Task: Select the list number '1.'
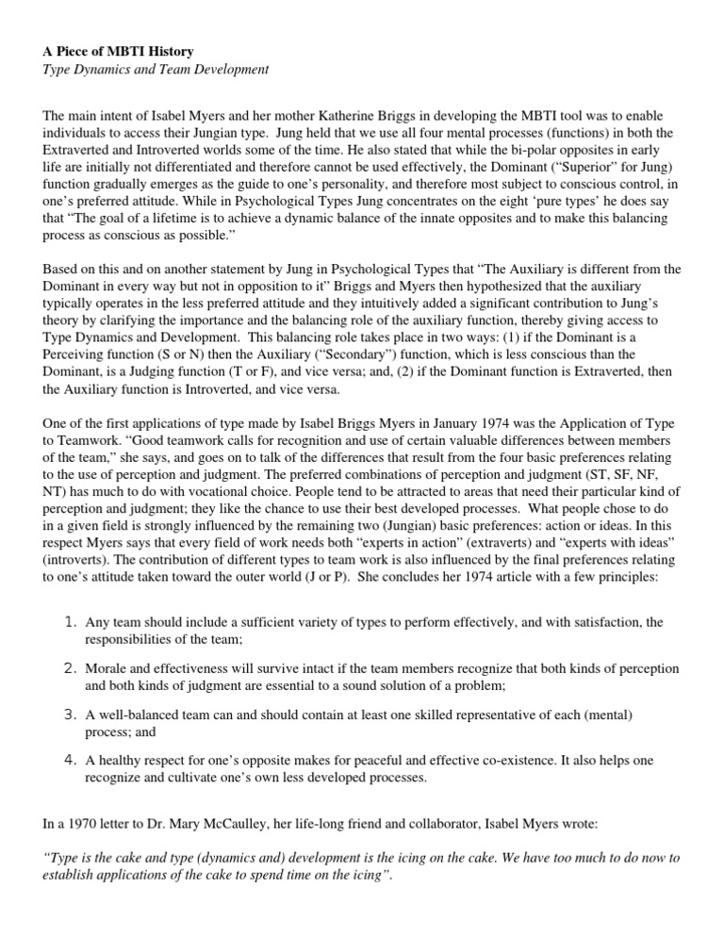(70, 622)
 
